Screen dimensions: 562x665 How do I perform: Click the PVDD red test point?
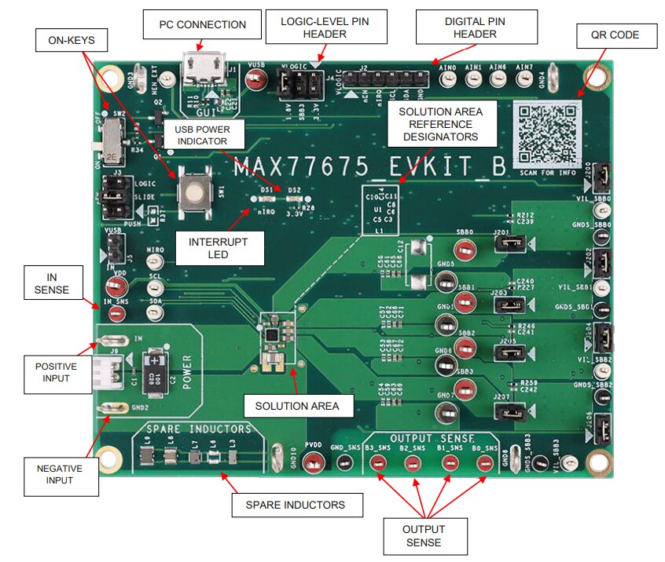313,465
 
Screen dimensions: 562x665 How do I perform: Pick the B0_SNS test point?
487,465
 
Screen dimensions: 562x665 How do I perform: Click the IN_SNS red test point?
116,314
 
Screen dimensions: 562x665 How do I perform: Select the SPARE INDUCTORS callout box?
297,505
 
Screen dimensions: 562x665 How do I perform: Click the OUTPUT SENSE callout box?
424,535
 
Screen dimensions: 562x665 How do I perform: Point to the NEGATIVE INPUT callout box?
61,474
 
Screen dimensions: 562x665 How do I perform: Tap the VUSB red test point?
255,78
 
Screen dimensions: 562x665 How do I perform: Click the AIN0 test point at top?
448,79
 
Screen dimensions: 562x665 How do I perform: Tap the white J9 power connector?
107,369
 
